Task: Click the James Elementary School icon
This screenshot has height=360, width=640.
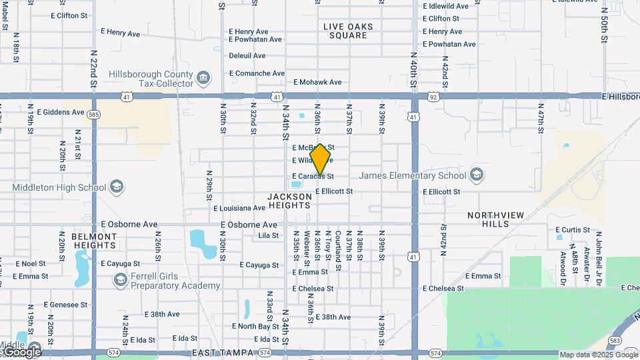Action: coord(476,175)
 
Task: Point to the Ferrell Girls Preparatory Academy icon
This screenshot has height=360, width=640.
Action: coord(120,280)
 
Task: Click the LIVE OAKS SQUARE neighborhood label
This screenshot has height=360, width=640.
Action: coord(348,31)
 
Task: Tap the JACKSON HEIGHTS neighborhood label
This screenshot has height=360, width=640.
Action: coord(290,201)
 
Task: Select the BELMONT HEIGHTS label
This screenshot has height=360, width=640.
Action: coord(94,241)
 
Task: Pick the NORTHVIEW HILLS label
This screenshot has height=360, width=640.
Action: coord(497,219)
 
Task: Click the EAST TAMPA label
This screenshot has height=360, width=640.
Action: coord(223,352)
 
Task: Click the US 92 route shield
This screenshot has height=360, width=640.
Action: coord(433,97)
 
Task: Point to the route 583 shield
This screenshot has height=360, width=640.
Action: coord(614,341)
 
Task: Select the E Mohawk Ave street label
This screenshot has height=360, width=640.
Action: coord(317,83)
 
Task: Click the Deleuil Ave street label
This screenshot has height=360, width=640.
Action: coord(247,56)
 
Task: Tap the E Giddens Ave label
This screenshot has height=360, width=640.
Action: coord(61,112)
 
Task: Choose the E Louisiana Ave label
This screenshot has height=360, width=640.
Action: coord(239,209)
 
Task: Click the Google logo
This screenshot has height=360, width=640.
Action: coord(23,351)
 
